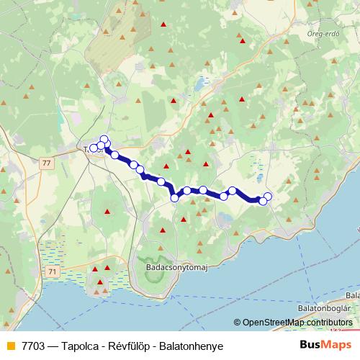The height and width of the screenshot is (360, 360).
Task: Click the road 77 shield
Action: point(47,163)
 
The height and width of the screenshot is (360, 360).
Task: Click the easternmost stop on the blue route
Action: point(269,196)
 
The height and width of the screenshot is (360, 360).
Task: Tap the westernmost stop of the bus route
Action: point(93,148)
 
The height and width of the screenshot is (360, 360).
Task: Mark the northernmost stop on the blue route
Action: point(104,140)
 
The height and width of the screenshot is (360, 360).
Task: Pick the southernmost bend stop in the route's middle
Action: point(174,197)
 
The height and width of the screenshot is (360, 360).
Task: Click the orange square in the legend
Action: point(9,346)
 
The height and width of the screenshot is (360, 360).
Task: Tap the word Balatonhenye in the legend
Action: point(196,346)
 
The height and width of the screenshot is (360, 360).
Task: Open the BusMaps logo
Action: point(326,346)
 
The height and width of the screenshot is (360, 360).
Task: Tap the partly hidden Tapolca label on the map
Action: point(89,149)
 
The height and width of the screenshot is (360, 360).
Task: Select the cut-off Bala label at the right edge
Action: point(352,295)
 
